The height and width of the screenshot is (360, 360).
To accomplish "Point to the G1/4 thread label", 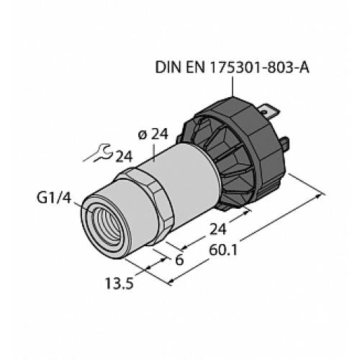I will click(52, 196).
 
